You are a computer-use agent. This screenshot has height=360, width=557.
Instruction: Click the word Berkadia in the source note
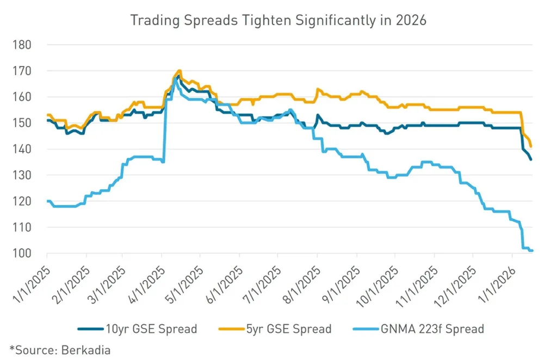[x=90, y=350]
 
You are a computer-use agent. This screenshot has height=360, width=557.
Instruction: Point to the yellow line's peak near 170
[x=179, y=71]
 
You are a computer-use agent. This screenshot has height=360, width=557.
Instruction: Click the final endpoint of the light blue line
[x=532, y=251]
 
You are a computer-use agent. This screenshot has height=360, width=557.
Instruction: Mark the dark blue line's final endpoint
[x=531, y=159]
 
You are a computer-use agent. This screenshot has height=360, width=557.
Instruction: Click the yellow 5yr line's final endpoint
[x=530, y=146]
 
